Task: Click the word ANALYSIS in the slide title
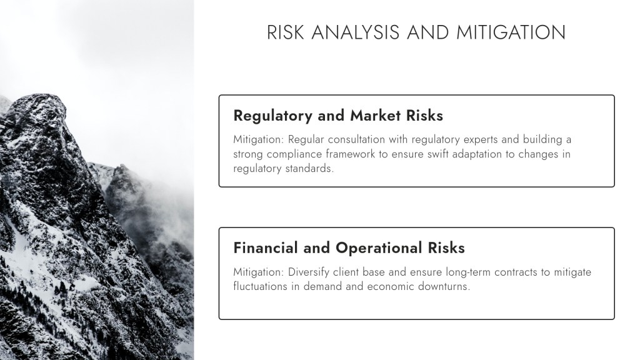pos(355,32)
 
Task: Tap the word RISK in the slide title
pos(285,32)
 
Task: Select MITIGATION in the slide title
pos(511,32)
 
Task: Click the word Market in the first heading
pos(376,116)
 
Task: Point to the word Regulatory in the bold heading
pos(272,116)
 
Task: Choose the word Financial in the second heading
pos(265,247)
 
